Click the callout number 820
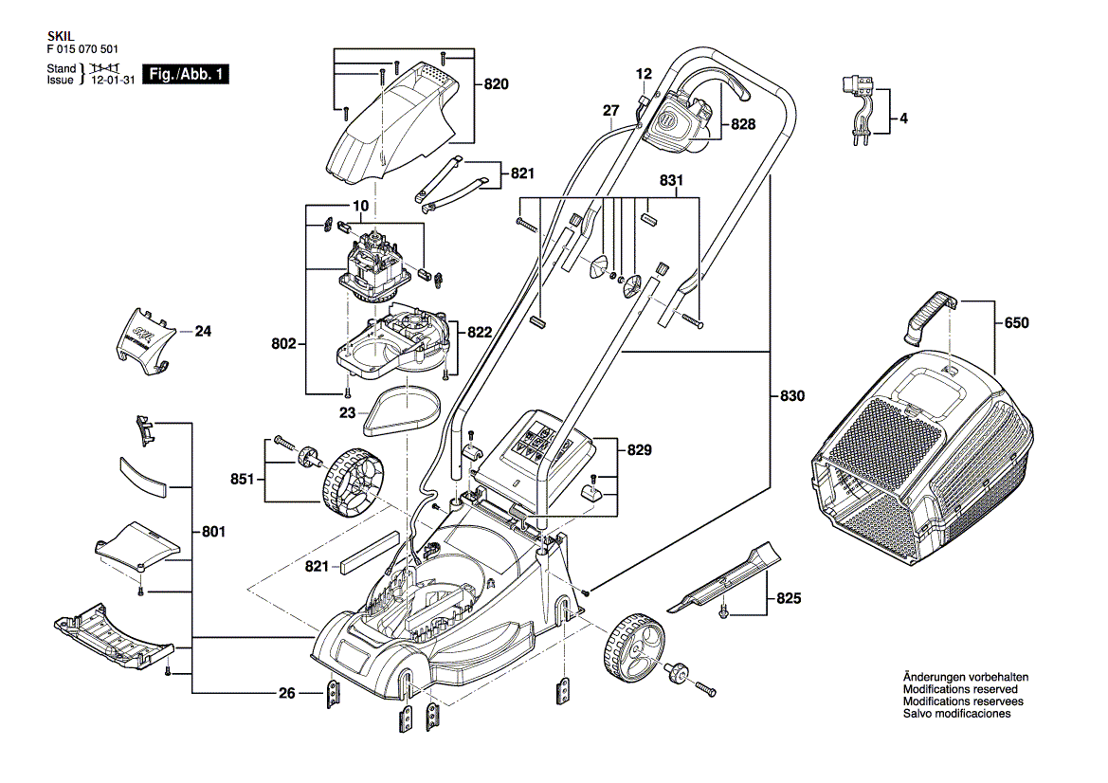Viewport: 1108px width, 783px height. pos(497,84)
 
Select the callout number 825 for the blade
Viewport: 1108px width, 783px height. pos(789,599)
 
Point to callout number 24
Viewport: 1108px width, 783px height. pos(204,332)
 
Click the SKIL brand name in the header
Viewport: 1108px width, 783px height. pos(58,33)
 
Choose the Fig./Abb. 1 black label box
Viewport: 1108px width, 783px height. pos(185,74)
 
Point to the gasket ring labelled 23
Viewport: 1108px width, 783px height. pos(402,413)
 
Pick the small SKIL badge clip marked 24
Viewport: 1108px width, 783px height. pos(143,337)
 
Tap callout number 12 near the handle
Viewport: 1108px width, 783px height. pos(645,74)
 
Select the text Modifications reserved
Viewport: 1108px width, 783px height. pos(959,689)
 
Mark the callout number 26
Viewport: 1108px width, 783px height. pos(287,693)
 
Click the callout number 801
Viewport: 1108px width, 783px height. pos(213,533)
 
